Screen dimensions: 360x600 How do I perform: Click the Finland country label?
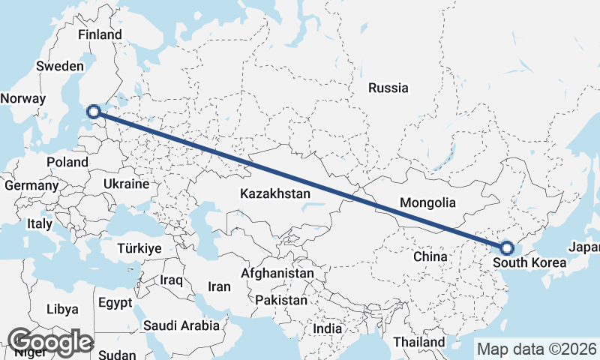(x=100, y=34)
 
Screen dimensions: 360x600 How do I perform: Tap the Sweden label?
(x=58, y=66)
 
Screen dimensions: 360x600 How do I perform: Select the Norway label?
(x=23, y=98)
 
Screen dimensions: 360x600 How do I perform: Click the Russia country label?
(x=388, y=88)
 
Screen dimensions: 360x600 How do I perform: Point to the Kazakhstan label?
(x=275, y=193)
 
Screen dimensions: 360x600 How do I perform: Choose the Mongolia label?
(x=427, y=202)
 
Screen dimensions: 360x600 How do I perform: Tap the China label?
(x=430, y=256)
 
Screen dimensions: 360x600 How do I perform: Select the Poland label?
(x=67, y=162)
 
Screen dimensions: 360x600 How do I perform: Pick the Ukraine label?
(x=127, y=184)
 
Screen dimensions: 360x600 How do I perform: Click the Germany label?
(x=31, y=185)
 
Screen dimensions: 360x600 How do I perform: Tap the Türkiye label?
(x=140, y=248)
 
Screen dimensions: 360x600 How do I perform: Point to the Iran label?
(x=219, y=286)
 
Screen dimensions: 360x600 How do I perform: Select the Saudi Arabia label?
(x=181, y=325)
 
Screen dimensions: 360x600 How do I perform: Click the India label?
(x=327, y=328)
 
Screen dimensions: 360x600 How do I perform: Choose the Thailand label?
(x=418, y=341)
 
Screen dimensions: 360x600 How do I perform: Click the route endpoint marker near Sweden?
(x=94, y=112)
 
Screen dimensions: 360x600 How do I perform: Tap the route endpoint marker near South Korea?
(x=507, y=247)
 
